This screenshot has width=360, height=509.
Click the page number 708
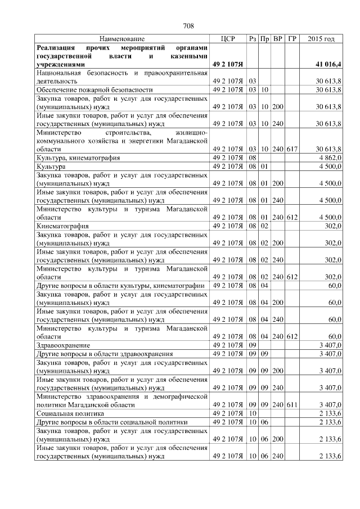point(188,26)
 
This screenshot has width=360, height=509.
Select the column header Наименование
point(121,39)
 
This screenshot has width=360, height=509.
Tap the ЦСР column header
point(228,39)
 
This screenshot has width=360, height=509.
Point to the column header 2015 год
point(322,39)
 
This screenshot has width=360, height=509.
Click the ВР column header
point(278,39)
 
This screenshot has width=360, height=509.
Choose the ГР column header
point(292,39)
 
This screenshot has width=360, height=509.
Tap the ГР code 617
point(292,149)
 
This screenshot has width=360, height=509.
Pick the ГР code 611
point(292,404)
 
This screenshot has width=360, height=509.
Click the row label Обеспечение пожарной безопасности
point(94,89)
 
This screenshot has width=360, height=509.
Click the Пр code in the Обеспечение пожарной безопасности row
point(265,89)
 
